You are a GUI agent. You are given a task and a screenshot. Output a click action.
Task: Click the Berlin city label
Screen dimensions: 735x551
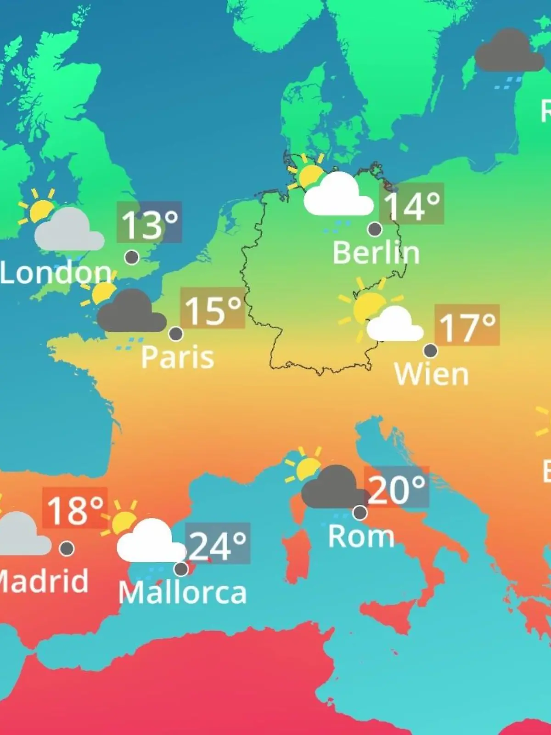[x=376, y=253]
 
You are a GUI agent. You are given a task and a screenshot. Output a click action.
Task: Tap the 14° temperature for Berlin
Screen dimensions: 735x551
[x=411, y=204]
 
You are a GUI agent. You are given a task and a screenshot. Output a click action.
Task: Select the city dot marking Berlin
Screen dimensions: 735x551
[x=375, y=229]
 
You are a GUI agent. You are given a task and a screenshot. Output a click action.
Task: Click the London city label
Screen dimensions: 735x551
[x=56, y=273]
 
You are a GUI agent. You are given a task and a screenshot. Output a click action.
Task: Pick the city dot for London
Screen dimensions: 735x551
[x=132, y=257]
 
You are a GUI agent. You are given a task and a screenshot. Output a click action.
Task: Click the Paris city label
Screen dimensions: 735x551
[x=177, y=357]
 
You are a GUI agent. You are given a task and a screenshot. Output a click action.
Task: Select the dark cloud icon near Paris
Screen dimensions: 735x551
[x=131, y=313]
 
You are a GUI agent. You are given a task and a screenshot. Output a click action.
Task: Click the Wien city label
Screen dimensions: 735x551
[x=431, y=374]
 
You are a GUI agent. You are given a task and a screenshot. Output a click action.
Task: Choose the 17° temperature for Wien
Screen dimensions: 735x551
[x=467, y=326]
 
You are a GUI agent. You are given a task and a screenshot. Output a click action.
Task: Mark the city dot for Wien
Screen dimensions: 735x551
[x=430, y=351]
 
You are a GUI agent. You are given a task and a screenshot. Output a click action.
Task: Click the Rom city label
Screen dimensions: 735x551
[x=361, y=536]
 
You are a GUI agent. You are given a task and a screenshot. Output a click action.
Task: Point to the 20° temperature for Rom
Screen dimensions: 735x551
[x=396, y=488]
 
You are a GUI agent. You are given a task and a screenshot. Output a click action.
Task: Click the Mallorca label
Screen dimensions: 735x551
[x=182, y=593]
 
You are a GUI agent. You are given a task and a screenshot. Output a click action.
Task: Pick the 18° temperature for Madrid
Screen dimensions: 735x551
[x=75, y=509]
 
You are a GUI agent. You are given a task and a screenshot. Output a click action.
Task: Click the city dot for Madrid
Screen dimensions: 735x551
[x=67, y=548]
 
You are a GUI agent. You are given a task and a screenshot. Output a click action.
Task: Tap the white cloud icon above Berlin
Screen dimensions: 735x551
[x=338, y=196]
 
